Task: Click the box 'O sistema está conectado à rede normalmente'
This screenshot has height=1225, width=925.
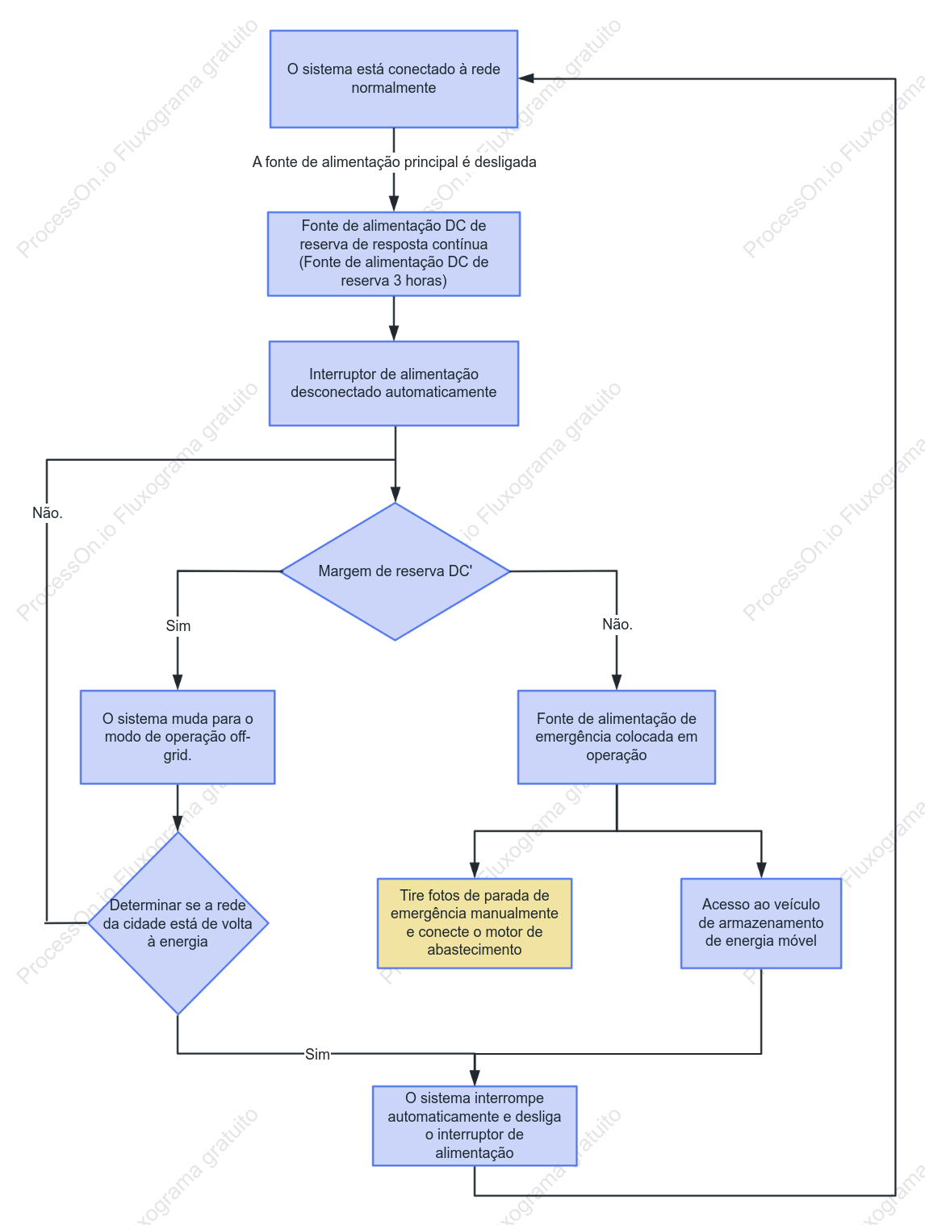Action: point(394,79)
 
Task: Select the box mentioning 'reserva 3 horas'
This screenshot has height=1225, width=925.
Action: point(394,253)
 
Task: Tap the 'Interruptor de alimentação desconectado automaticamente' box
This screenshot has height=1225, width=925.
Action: point(394,383)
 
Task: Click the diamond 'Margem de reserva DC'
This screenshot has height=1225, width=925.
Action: point(395,571)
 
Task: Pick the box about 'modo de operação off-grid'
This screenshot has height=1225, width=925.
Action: point(178,737)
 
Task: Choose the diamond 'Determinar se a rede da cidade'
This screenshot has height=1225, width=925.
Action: point(178,922)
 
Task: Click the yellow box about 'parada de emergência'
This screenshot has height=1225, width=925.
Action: point(475,923)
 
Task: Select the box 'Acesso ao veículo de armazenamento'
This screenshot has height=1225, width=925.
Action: point(761,923)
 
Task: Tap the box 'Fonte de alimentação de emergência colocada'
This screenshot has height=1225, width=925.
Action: point(617,737)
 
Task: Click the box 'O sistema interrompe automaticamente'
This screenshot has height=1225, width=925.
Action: point(475,1125)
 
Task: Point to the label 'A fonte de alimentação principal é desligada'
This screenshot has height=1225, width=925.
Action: point(394,162)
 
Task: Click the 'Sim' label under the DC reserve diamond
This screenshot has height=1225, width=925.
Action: point(178,625)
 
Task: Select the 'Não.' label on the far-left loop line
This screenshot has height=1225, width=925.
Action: point(48,513)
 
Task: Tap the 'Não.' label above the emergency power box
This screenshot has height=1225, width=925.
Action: point(617,624)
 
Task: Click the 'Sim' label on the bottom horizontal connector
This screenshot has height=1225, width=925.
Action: point(317,1054)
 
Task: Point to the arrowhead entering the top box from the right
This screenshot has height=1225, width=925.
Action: point(525,79)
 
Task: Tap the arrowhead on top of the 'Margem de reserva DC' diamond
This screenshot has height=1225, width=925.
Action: point(396,495)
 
